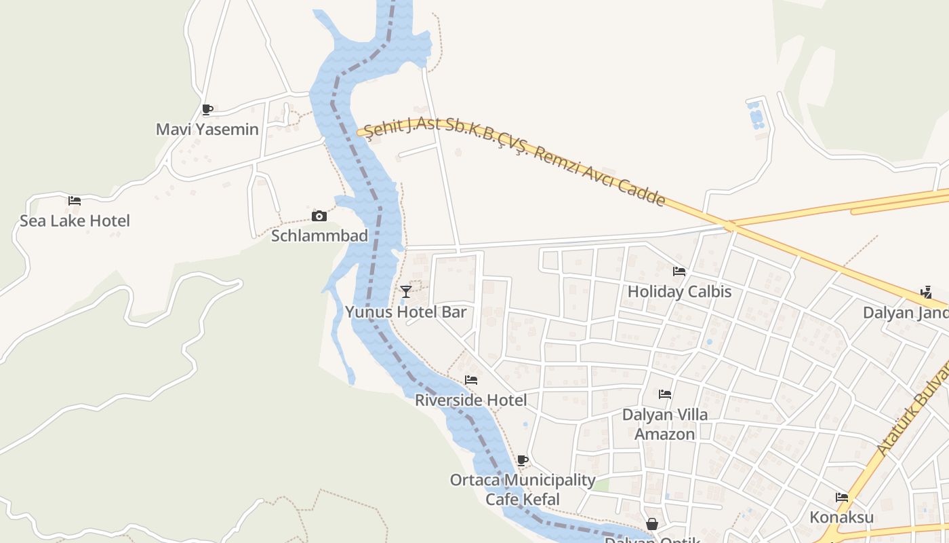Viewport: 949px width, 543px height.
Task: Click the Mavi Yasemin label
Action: (207, 129)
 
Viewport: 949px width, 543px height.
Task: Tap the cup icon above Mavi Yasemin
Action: (207, 109)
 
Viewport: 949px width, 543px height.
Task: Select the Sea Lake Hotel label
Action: (75, 221)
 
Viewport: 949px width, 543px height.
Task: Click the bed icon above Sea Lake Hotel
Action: (75, 200)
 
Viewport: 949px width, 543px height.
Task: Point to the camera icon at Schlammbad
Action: (319, 216)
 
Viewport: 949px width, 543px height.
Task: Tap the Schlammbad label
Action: (319, 236)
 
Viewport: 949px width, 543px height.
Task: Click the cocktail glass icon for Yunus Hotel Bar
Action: (406, 292)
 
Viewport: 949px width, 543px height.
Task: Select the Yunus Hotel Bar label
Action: (406, 312)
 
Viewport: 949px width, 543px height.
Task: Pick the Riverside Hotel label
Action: (470, 400)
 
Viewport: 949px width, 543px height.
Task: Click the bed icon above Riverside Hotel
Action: (471, 380)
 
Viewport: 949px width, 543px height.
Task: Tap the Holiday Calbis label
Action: (679, 292)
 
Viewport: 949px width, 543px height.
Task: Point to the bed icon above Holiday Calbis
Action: (679, 271)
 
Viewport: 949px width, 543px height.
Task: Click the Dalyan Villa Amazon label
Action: (664, 424)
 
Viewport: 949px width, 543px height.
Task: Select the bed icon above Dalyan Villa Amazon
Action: (665, 394)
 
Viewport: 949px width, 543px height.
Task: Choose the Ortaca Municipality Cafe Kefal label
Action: (523, 489)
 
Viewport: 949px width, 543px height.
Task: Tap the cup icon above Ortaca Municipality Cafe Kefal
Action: (522, 460)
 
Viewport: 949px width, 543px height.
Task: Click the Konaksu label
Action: (841, 517)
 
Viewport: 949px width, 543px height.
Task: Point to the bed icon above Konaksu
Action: (842, 498)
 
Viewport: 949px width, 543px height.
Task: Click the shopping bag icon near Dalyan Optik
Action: (651, 524)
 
